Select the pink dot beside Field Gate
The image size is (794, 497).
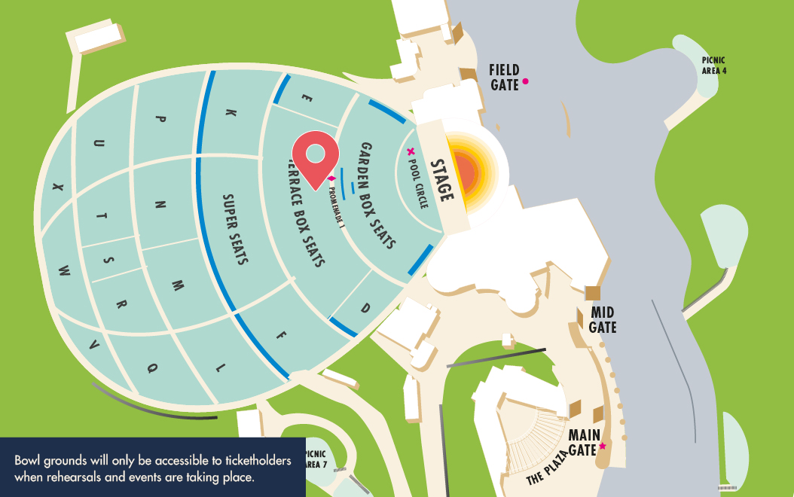[x=526, y=81]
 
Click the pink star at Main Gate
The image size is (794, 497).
[x=602, y=447]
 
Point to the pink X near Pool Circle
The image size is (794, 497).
[x=411, y=151]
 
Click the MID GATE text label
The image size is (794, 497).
[x=603, y=320]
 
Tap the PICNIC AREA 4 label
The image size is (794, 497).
[x=713, y=66]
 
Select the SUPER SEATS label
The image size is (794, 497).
[x=235, y=230]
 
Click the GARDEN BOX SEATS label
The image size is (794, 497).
[x=377, y=195]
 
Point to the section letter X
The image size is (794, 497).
[x=57, y=188]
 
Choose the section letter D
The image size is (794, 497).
[x=365, y=308]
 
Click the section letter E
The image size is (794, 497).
[x=305, y=97]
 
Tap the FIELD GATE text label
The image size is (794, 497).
[x=504, y=78]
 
